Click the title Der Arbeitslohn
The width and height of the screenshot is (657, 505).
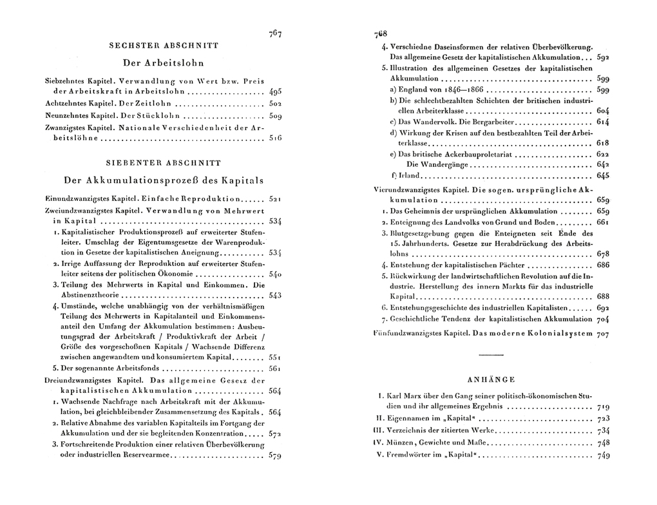(x=163, y=63)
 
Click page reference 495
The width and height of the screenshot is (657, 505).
(x=276, y=91)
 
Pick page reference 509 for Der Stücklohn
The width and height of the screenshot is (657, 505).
(x=276, y=117)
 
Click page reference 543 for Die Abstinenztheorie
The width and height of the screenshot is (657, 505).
(x=276, y=296)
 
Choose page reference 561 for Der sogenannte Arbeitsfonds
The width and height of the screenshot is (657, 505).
(x=276, y=368)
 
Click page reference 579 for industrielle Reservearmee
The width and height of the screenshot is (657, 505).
(x=276, y=455)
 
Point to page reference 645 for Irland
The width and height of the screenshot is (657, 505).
(x=603, y=175)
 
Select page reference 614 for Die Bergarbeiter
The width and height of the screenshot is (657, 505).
(x=603, y=121)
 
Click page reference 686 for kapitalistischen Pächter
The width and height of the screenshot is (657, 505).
(x=603, y=265)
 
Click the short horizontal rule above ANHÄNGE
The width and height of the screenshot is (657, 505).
(x=492, y=354)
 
